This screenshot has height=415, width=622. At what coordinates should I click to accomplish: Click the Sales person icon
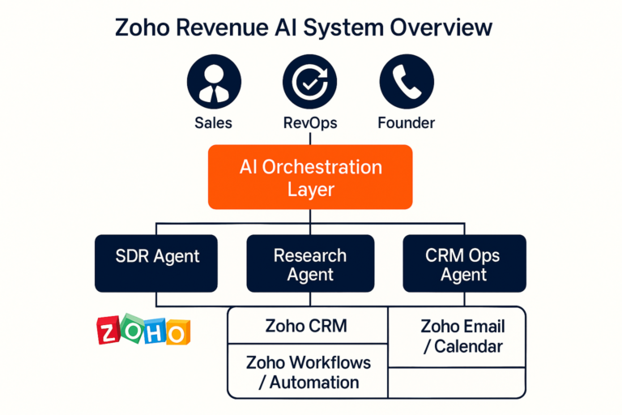tap(213, 84)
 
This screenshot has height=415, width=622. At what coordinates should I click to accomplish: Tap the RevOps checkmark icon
tap(309, 84)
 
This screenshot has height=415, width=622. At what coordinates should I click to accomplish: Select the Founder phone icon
tap(406, 84)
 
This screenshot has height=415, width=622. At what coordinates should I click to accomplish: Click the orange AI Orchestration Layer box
tap(311, 178)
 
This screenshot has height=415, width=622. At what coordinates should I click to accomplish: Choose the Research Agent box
tap(310, 263)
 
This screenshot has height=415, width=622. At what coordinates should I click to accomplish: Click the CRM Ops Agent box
tap(463, 263)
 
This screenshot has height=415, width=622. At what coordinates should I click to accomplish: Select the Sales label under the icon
tap(213, 123)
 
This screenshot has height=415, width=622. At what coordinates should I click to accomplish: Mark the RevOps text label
tap(309, 123)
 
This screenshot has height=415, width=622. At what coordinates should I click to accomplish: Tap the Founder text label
tap(406, 123)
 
